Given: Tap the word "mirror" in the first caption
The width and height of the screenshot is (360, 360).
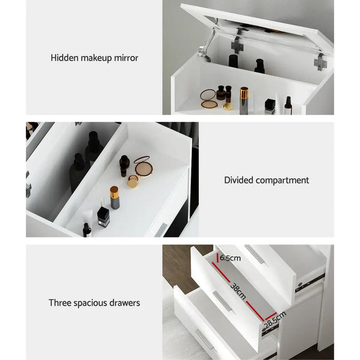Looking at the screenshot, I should (125, 58).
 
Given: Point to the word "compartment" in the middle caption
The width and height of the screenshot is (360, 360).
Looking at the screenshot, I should (283, 180).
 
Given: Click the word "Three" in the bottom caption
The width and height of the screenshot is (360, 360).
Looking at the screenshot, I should (61, 303).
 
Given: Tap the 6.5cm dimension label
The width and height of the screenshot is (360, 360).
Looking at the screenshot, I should (230, 258).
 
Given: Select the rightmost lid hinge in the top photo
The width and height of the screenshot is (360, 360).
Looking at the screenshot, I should (321, 61).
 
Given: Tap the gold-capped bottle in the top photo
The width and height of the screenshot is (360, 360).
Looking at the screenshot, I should (244, 100).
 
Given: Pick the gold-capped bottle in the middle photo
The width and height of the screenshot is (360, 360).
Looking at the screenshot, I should (114, 197).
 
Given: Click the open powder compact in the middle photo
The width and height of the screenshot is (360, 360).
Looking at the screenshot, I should (143, 166).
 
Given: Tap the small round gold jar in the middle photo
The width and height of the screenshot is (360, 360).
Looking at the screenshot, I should (133, 181).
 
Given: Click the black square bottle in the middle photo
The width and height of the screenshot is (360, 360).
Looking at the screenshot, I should (103, 216).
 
